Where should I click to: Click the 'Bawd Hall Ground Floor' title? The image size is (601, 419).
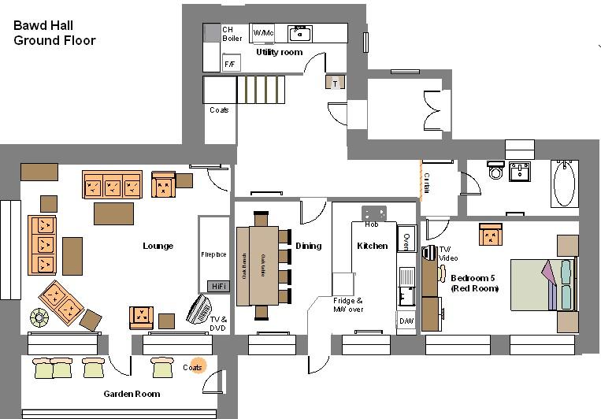(x=54, y=33)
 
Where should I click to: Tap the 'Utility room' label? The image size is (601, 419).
(x=279, y=52)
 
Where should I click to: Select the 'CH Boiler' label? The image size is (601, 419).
(x=232, y=33)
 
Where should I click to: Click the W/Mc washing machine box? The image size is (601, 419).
(x=262, y=33)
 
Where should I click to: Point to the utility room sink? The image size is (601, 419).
(x=300, y=33)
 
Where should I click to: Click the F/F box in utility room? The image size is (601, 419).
(x=231, y=63)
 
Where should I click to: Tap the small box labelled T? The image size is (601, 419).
(x=335, y=82)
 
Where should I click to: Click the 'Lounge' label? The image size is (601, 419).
(x=158, y=246)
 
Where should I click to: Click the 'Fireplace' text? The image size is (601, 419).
(x=213, y=254)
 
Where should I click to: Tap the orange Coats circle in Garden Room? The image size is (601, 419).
(x=193, y=367)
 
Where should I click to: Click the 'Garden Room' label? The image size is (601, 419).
(x=132, y=394)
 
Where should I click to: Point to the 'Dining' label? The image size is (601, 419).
(x=308, y=246)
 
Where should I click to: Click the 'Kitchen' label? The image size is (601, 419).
(x=372, y=246)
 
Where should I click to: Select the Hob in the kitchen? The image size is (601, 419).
(x=373, y=213)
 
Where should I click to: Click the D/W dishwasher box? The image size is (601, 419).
(x=406, y=321)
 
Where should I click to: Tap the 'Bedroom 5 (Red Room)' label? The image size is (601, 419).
(x=474, y=283)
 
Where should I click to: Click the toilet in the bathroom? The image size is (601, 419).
(x=495, y=171)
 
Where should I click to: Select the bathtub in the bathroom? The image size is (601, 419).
(x=564, y=184)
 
